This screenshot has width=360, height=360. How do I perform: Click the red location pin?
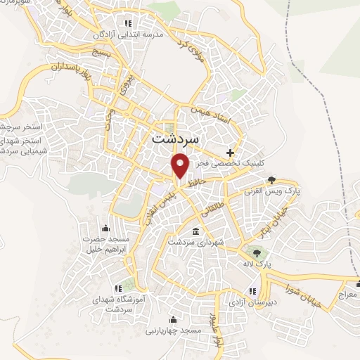[x=181, y=165]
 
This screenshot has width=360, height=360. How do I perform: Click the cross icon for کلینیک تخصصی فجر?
[x=230, y=152]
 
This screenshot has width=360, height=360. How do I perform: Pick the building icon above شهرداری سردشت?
[x=195, y=231]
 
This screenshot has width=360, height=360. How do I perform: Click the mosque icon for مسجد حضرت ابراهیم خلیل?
[x=105, y=227]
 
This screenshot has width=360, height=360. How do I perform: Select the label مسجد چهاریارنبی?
[x=174, y=330]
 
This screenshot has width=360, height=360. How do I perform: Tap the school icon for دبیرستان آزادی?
[x=251, y=290]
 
